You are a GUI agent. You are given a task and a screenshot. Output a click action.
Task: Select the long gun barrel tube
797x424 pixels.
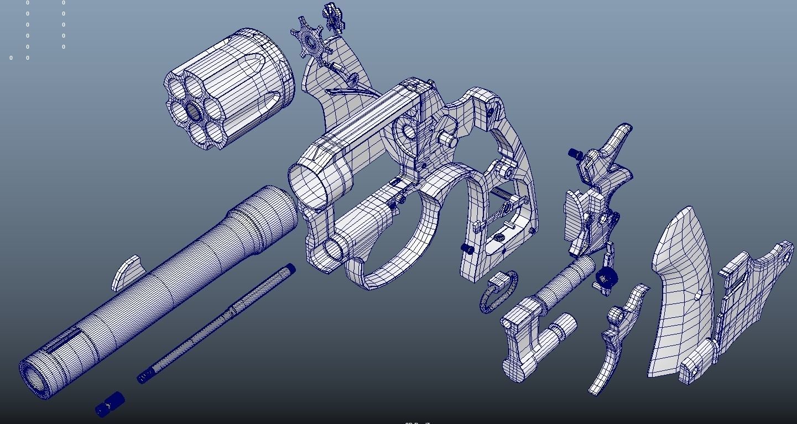(x=160, y=287)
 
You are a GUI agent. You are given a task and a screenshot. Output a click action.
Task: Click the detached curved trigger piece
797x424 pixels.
(x=617, y=343)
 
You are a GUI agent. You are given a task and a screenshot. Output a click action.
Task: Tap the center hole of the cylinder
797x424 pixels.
(x=194, y=112)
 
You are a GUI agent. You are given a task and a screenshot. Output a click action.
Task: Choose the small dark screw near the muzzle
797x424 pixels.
(x=110, y=404)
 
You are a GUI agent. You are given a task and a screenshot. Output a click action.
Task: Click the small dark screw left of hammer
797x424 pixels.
(x=576, y=154)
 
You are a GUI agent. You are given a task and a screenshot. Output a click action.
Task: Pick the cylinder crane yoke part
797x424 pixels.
(x=531, y=337)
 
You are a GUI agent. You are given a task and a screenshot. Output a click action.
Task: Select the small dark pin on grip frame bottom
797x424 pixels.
(x=468, y=249)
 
